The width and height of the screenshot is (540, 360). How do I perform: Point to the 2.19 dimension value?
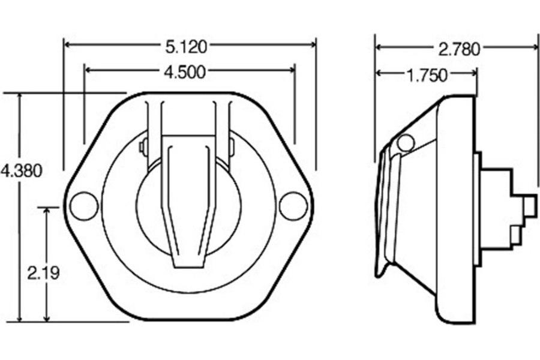tap(43, 272)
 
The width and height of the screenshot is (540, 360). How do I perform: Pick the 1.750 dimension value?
tap(427, 75)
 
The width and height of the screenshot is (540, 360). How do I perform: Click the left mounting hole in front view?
tap(83, 206)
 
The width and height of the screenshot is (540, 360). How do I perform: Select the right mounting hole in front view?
tap(293, 206)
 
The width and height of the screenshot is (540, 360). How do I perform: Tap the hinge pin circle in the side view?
tap(406, 143)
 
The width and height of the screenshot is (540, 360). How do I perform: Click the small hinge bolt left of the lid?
tap(143, 146)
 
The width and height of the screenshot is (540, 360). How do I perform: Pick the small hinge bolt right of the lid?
tap(232, 144)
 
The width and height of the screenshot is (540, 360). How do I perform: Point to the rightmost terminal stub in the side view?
tap(529, 206)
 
